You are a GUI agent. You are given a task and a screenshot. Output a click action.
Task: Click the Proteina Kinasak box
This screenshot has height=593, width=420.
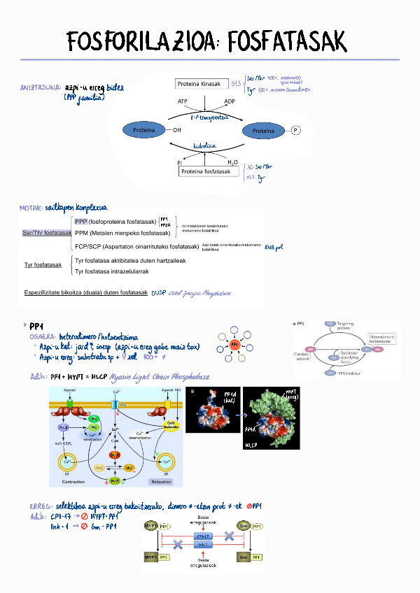pos(202,84)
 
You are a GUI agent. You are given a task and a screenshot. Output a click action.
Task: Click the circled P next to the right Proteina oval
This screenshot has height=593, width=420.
pos(295,130)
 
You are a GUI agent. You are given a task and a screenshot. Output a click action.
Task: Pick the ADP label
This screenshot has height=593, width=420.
pos(230,101)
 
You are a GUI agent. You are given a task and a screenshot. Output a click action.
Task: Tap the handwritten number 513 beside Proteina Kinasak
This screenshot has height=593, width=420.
pos(237,84)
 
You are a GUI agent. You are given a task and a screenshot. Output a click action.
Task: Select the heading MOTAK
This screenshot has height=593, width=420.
pos(31,208)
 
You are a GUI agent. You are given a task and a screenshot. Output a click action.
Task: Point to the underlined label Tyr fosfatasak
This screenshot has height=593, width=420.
pos(43,265)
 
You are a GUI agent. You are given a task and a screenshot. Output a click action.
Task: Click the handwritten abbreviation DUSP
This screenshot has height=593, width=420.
pos(158,294)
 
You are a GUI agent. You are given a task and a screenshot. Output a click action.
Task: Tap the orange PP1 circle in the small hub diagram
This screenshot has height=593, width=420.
pos(235,345)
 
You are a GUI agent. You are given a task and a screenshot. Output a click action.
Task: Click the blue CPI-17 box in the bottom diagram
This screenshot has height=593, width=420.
pos(204,534)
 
